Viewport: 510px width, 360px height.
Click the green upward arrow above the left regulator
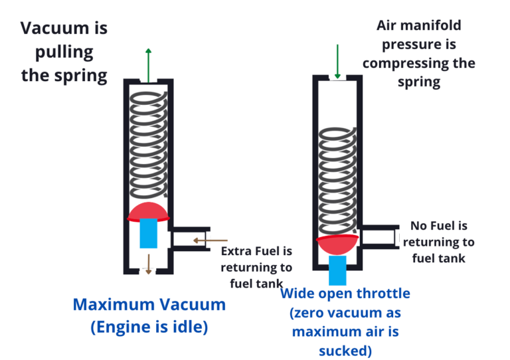pos(148,63)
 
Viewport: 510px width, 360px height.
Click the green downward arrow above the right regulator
pos(338,62)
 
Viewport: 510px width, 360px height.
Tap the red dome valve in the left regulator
pos(149,211)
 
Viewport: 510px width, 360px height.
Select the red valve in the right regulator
pos(338,244)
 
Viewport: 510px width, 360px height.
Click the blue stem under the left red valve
pos(148,233)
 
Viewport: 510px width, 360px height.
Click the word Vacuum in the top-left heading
pos(54,29)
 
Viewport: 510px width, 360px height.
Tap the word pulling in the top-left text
pos(64,52)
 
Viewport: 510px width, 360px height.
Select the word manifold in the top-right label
pos(442,27)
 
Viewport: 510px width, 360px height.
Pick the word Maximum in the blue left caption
pos(115,305)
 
